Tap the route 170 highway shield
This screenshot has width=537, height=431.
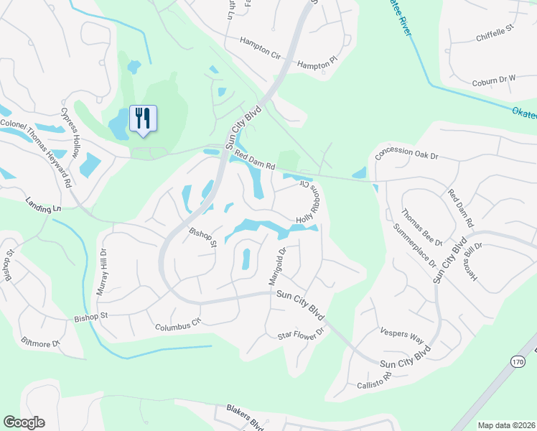[x=518, y=363]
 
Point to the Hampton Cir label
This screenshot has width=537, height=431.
[x=261, y=47]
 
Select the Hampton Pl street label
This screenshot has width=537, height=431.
[x=316, y=64]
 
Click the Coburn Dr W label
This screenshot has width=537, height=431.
[x=494, y=82]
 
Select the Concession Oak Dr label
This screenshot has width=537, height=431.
[x=406, y=154]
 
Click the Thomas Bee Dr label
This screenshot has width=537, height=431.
[x=421, y=227]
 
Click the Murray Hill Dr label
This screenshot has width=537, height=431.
[x=101, y=272]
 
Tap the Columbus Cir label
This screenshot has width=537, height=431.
[x=179, y=325]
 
